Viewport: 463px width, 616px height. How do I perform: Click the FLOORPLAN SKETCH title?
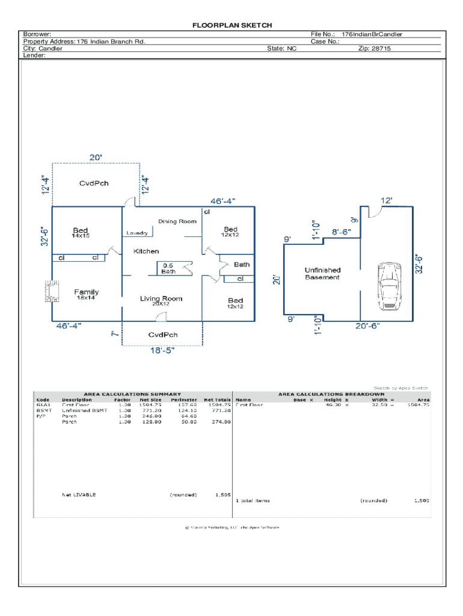(231, 25)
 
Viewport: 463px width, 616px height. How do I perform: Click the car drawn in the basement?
(389, 287)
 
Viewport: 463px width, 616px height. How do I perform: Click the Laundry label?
(137, 233)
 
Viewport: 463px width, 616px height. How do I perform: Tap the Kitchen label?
(146, 251)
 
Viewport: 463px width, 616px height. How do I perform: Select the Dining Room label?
(177, 221)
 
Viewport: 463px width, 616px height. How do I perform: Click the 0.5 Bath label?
(168, 268)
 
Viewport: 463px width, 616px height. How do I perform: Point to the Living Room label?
(161, 298)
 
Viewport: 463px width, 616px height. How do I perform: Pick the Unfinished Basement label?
(322, 274)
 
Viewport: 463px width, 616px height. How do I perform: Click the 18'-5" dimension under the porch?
(162, 351)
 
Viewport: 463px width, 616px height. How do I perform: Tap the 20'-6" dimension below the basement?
(367, 326)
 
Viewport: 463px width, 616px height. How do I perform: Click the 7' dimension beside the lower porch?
(115, 333)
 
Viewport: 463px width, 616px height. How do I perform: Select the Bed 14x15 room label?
(81, 233)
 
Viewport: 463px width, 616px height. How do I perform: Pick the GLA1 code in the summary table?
(43, 405)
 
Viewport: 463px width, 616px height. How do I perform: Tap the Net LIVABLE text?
(79, 495)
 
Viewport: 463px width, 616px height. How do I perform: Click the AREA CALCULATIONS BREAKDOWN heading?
(331, 395)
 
